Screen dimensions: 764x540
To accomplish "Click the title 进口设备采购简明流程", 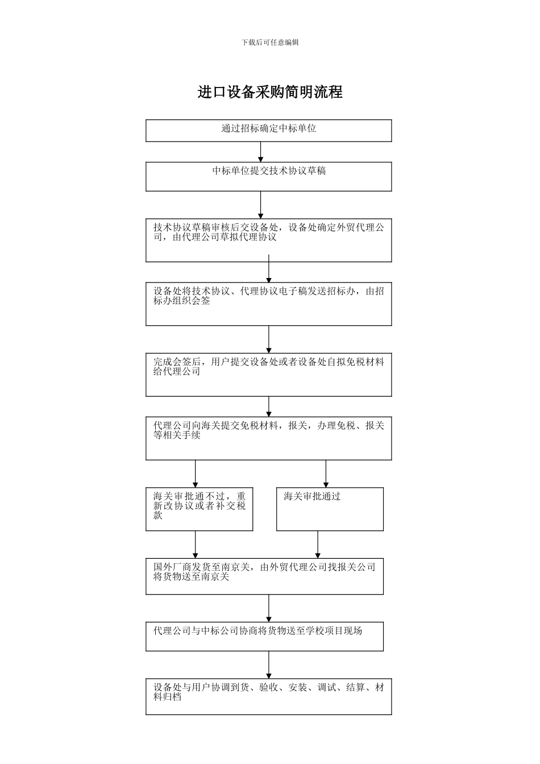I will point(270,92).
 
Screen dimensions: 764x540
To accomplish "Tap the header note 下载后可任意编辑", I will point(270,43).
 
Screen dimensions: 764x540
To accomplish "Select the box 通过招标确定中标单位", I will point(268,130).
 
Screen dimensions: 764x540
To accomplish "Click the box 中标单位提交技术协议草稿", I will point(268,176).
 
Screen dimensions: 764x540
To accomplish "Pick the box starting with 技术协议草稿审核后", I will point(268,240).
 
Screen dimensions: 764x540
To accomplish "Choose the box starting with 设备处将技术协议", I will point(268,304).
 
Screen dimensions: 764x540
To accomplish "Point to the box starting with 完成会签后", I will point(268,375).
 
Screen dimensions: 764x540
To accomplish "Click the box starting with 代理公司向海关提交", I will point(268,438).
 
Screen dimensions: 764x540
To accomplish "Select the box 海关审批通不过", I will point(199,509).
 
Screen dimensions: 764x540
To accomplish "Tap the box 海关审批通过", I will point(330,509).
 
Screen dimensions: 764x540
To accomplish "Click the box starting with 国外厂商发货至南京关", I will point(264,576).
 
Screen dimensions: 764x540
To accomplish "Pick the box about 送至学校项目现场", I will point(264,636).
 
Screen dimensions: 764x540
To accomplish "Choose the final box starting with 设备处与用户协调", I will point(268,696).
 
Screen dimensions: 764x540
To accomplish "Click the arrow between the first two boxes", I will point(261,152).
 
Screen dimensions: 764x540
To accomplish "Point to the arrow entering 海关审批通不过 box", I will point(196,474).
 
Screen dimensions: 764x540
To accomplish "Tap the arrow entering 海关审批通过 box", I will point(326,474).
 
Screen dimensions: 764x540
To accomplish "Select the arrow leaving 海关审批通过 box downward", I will point(318,545).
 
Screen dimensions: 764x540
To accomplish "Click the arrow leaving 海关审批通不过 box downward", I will point(196,545).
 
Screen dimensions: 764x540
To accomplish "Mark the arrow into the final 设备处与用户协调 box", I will point(269,665).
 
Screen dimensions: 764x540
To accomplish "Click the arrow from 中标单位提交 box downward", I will point(261,205).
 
